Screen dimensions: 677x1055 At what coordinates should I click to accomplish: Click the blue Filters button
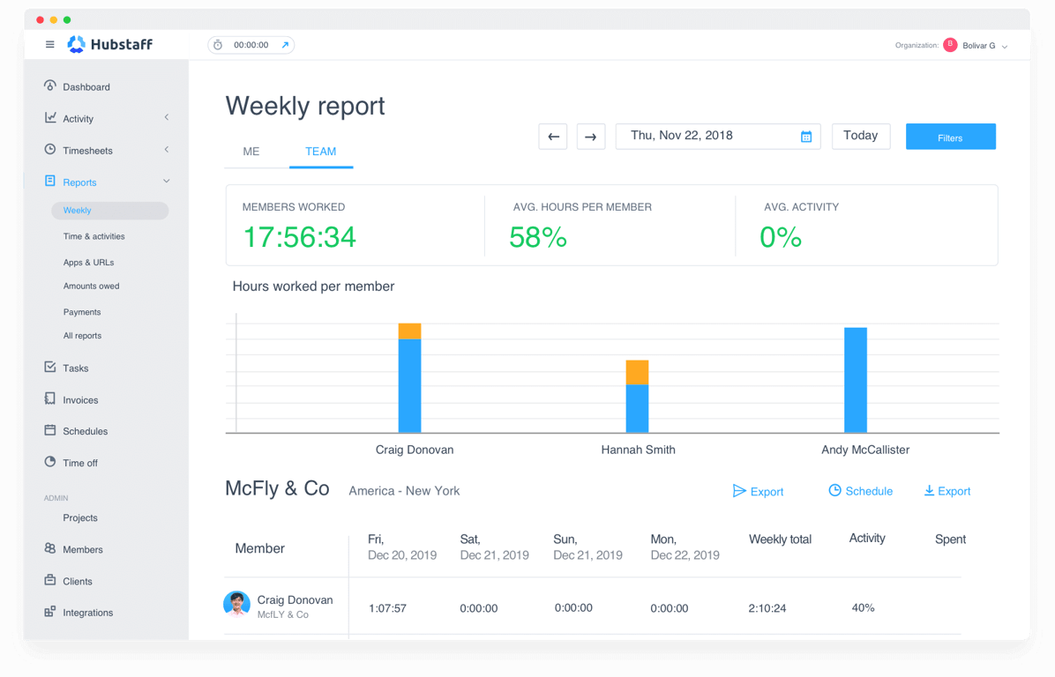pyautogui.click(x=950, y=137)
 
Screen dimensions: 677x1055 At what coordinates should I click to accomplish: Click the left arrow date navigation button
pyautogui.click(x=553, y=137)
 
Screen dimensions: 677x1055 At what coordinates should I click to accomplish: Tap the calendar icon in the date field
pyautogui.click(x=805, y=137)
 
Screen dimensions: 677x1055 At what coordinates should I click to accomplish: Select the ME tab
pyautogui.click(x=251, y=152)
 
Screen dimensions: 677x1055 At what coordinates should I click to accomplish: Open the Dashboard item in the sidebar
pyautogui.click(x=86, y=87)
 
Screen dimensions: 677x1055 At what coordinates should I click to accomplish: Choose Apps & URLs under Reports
pyautogui.click(x=88, y=263)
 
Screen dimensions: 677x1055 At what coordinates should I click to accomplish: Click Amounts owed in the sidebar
pyautogui.click(x=91, y=286)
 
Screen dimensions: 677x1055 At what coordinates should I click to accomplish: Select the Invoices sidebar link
pyautogui.click(x=80, y=400)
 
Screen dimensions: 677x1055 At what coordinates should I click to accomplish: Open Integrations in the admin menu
pyautogui.click(x=87, y=613)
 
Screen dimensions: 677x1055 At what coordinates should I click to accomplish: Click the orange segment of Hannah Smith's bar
pyautogui.click(x=637, y=372)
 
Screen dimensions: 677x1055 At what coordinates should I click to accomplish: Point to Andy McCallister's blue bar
pyautogui.click(x=855, y=380)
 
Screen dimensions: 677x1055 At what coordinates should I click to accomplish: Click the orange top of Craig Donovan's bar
pyautogui.click(x=409, y=331)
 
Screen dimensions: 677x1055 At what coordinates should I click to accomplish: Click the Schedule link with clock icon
pyautogui.click(x=861, y=491)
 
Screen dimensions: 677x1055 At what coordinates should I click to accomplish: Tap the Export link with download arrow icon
pyautogui.click(x=947, y=491)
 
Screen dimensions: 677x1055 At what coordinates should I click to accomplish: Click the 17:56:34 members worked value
pyautogui.click(x=299, y=237)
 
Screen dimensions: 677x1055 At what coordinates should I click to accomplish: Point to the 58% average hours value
pyautogui.click(x=538, y=237)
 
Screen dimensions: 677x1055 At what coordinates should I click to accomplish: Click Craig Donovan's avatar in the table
pyautogui.click(x=236, y=604)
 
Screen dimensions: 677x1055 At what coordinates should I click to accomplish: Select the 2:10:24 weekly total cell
pyautogui.click(x=767, y=608)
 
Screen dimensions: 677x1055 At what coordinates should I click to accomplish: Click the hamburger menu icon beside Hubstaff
pyautogui.click(x=50, y=45)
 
